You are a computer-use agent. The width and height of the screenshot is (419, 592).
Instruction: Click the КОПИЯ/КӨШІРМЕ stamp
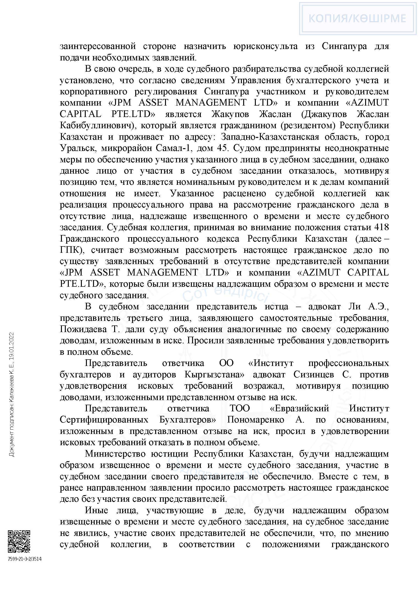tap(357, 18)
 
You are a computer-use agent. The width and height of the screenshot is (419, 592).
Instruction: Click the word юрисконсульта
tap(265, 46)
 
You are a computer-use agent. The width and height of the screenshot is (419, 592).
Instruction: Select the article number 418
tap(381, 227)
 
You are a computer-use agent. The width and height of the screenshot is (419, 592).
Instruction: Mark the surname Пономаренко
tap(255, 420)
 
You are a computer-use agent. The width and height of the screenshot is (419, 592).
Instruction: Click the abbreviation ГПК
tap(70, 250)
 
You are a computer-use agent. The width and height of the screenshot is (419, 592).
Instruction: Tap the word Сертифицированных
tap(104, 420)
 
